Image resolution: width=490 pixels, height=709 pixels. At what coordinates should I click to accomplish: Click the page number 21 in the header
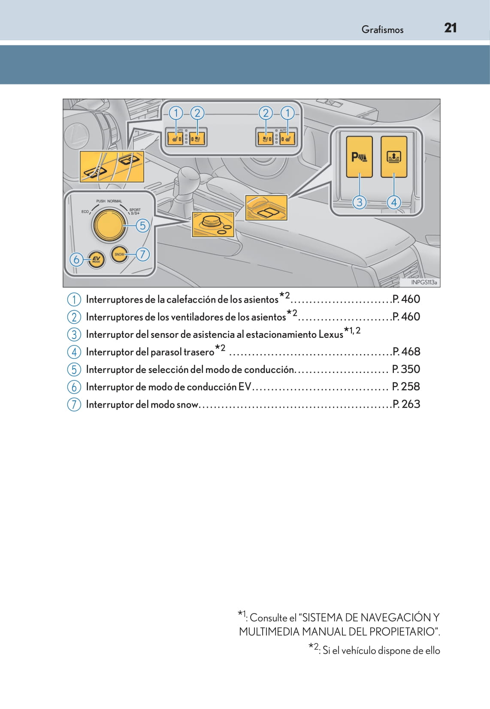tap(450, 28)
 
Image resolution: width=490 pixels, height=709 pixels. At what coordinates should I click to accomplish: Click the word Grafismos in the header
tap(382, 30)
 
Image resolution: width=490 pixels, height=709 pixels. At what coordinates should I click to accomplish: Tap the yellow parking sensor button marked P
tap(359, 157)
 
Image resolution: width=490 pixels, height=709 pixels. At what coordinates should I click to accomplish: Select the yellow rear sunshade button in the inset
tap(393, 157)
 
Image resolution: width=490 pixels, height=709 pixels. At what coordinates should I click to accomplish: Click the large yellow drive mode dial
tap(109, 225)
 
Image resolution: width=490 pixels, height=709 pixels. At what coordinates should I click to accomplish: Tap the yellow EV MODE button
tap(96, 259)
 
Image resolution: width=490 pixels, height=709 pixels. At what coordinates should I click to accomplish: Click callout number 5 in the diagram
tap(142, 225)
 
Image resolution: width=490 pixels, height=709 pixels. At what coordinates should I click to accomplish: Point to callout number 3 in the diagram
tap(359, 202)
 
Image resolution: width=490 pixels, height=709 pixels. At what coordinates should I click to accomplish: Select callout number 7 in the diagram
tap(142, 254)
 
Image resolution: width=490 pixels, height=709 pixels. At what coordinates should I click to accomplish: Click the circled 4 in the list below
tap(74, 352)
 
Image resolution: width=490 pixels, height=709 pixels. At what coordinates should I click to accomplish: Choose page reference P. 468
tap(406, 351)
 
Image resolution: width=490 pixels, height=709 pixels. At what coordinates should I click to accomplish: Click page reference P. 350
tap(406, 369)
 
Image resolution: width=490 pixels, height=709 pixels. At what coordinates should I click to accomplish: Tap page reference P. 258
tap(406, 387)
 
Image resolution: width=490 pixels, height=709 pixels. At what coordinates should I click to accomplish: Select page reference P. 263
tap(406, 404)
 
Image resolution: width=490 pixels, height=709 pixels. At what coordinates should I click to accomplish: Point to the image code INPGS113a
tap(423, 282)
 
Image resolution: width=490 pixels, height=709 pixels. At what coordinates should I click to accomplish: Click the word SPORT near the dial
tap(135, 210)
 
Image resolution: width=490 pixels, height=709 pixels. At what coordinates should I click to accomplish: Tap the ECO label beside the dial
tap(85, 211)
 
